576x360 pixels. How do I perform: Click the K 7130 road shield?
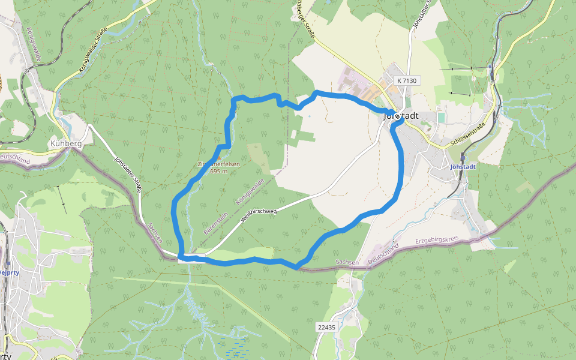coord(406,80)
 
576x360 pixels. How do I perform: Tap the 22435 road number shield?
coord(327,326)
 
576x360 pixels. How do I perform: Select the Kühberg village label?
coord(65,144)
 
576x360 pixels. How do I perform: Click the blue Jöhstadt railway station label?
coord(462,166)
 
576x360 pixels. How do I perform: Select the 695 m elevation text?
coord(219,171)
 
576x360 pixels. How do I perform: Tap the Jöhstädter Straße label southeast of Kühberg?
coord(128,175)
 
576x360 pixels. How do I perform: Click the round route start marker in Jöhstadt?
coord(397,116)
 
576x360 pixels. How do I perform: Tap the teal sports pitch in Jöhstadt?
coord(441,117)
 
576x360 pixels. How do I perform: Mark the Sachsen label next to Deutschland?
coord(347,262)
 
